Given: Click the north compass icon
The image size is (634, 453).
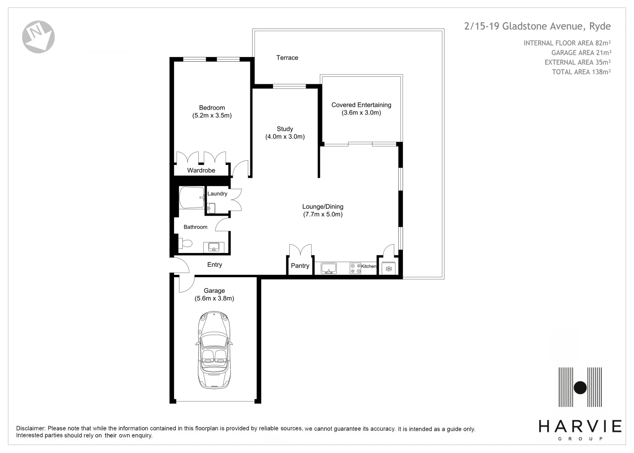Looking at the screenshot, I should click(38, 37).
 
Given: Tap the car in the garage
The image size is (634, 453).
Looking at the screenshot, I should click(214, 350).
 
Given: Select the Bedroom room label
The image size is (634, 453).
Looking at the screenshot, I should click(212, 108).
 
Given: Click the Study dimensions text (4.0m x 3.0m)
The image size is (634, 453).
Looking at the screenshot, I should click(285, 137).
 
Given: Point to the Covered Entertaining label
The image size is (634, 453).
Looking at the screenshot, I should click(361, 105).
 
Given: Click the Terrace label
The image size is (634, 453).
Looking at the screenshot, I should click(287, 58).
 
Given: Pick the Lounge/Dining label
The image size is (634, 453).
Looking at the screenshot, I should click(322, 206).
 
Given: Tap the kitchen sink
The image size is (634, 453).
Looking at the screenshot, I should click(329, 268).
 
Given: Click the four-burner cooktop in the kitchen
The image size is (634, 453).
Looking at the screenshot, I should click(355, 268).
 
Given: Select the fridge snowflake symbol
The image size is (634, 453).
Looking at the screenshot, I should click(389, 268).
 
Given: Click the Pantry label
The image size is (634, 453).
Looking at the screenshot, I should click(300, 266).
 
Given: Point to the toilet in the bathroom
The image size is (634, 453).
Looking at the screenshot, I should click(185, 243).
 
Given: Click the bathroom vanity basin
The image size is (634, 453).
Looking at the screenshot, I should click(214, 247).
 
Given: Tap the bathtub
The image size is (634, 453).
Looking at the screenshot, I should click(192, 198).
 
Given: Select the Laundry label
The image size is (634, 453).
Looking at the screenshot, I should click(217, 193).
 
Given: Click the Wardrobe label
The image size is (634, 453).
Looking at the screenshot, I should click(201, 170).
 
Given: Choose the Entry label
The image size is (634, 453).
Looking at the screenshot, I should click(214, 265).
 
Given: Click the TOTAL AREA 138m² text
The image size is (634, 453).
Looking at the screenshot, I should click(581, 72).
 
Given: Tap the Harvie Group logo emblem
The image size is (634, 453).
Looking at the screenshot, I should click(580, 387).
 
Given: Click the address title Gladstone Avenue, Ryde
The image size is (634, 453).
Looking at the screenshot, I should click(537, 26).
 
